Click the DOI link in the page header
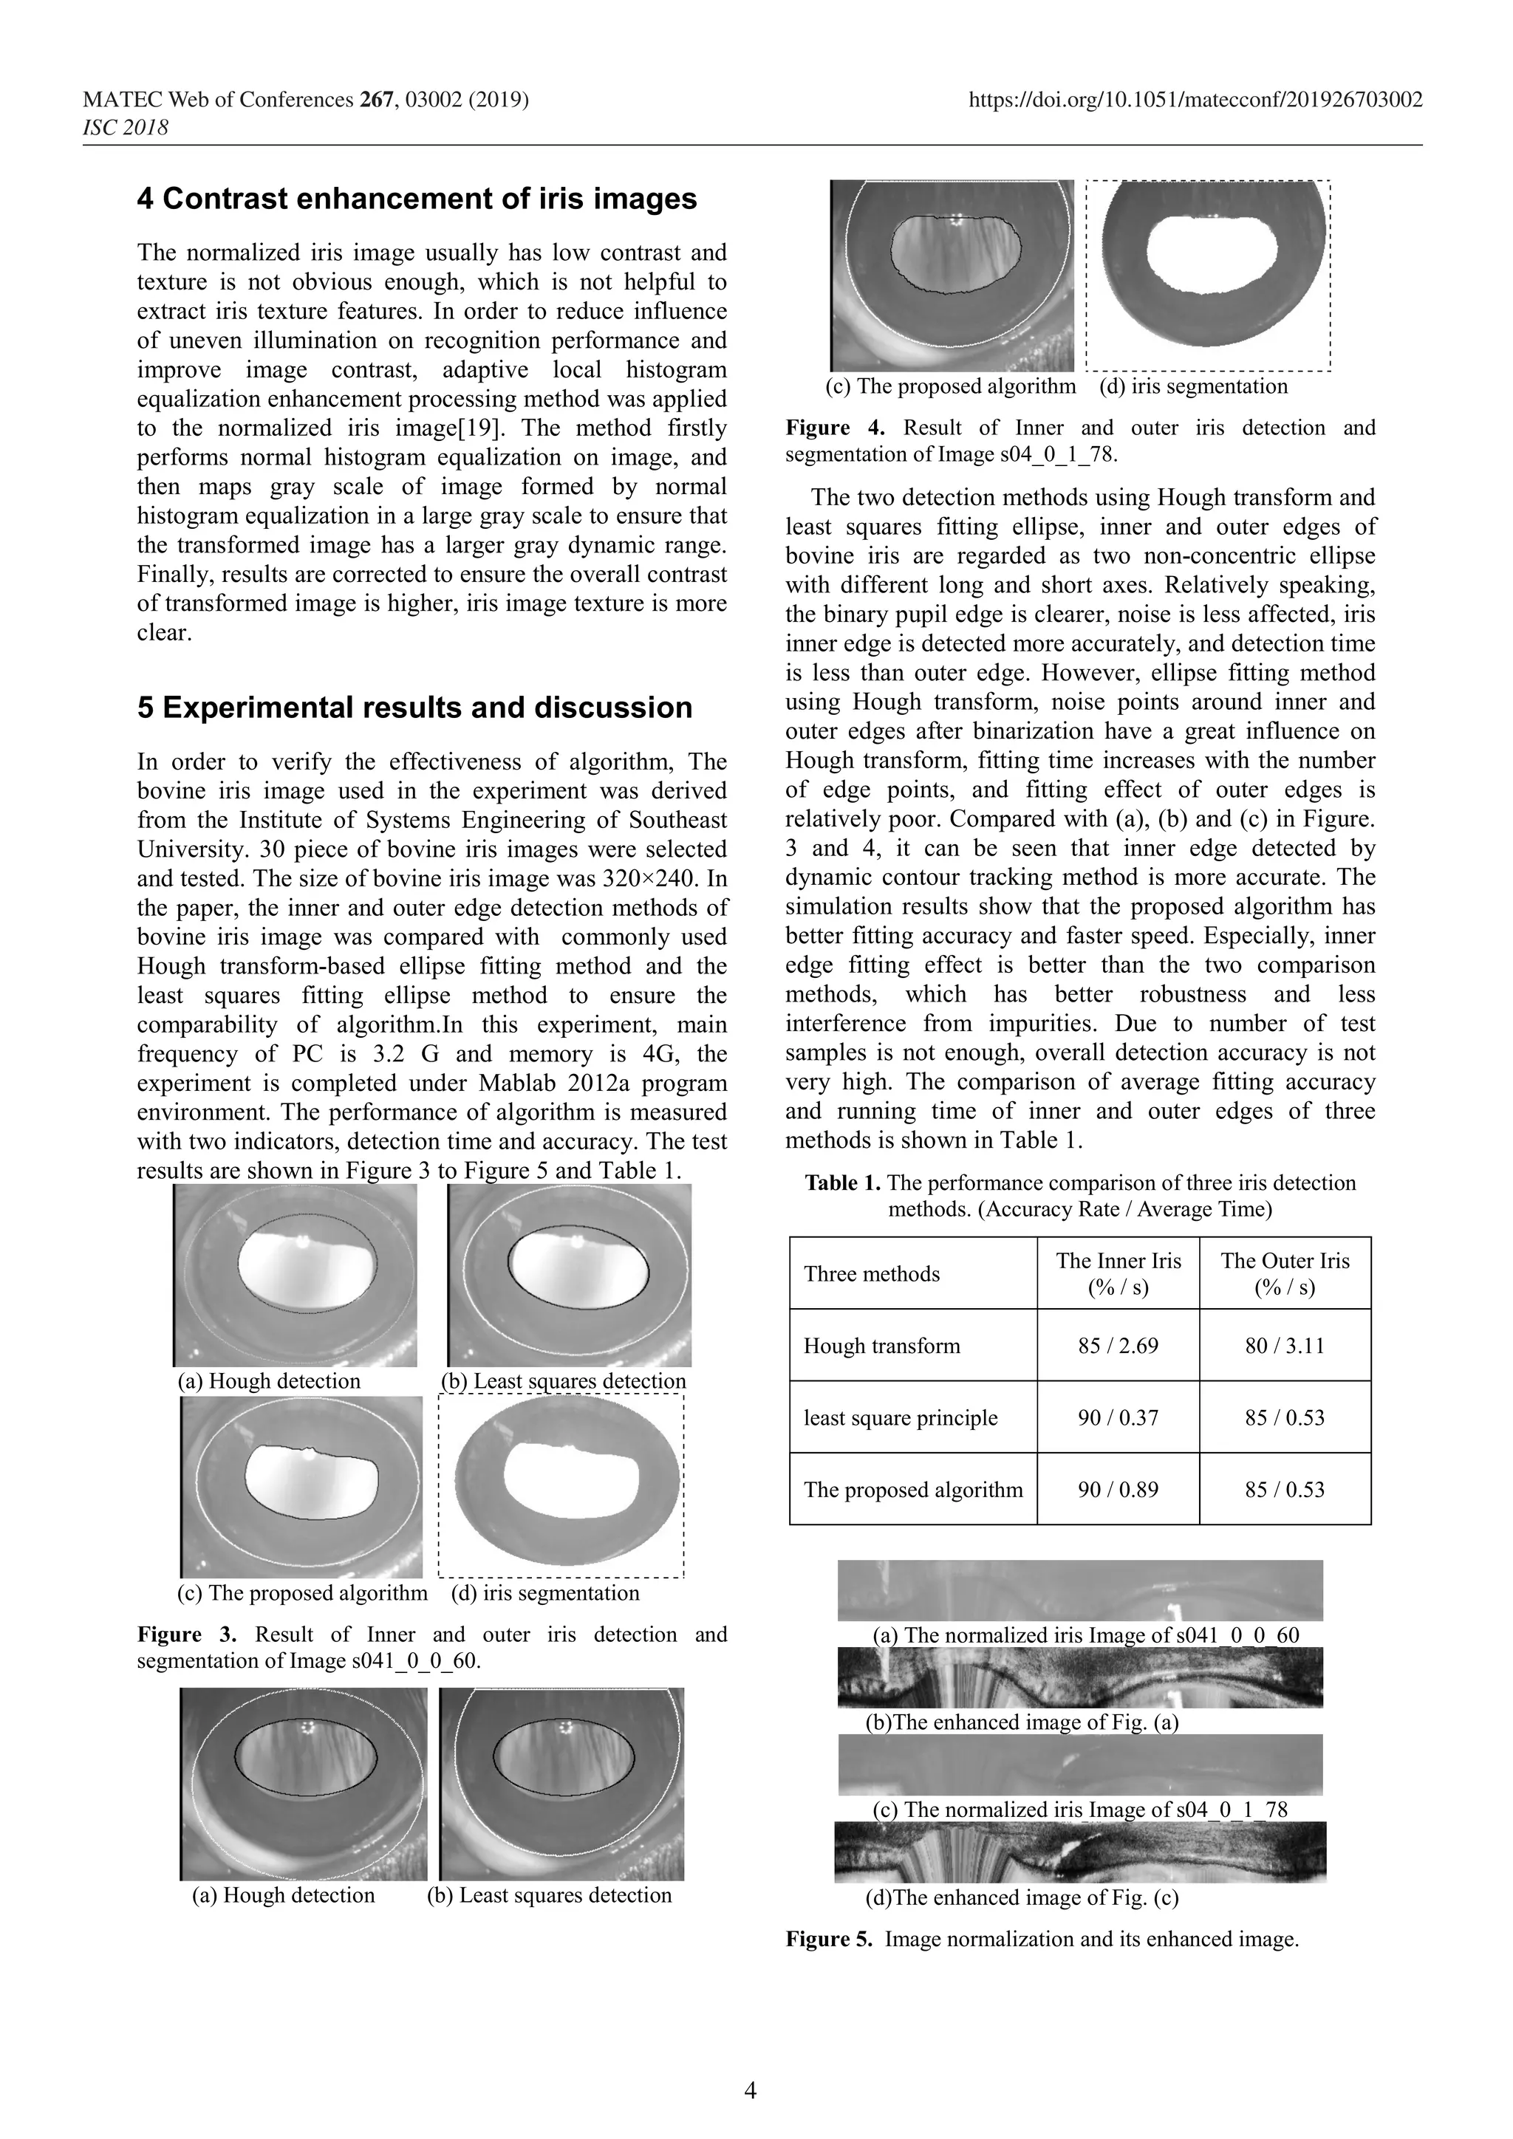[x=1195, y=100]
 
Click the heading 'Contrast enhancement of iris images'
[x=417, y=199]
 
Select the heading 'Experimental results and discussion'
[x=414, y=708]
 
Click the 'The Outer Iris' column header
[x=1285, y=1273]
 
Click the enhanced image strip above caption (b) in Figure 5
[x=1080, y=1677]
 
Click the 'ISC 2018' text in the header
[x=126, y=128]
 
